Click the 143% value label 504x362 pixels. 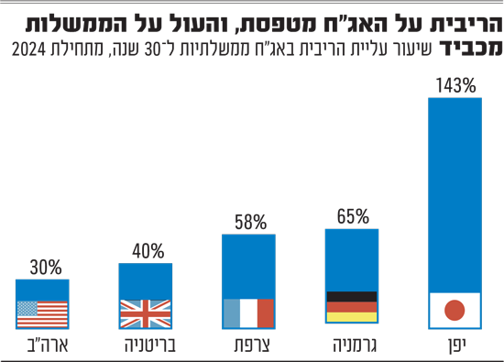pos(455,86)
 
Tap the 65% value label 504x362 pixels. pos(353,216)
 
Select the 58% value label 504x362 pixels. pos(250,222)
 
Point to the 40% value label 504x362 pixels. pos(148,251)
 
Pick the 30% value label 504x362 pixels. pos(46,268)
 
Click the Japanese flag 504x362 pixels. pos(455,311)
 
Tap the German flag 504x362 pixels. pos(352,307)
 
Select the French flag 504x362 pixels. pos(248,313)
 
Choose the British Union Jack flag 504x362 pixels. pos(146,313)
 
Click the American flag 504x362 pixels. pos(42,314)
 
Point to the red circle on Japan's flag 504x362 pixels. pos(455,311)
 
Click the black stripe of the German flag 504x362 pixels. pos(352,296)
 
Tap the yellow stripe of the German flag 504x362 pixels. pos(352,317)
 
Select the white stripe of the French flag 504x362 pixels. pos(248,313)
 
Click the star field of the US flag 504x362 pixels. pos(27,308)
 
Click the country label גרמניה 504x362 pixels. pos(355,346)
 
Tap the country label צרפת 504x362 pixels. pos(252,346)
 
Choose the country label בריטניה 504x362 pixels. pos(150,346)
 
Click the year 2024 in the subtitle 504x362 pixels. pos(29,49)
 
